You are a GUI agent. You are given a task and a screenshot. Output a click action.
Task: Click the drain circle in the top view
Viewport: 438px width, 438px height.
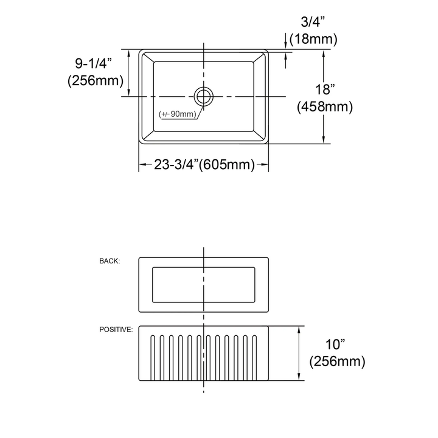tap(204, 96)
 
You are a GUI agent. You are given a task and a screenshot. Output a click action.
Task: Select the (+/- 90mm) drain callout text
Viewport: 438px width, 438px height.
tap(178, 114)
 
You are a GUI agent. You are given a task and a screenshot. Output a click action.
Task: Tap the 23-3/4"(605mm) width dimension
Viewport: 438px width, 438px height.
tap(204, 164)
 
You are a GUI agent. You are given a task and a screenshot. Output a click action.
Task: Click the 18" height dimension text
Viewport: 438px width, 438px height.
tap(325, 90)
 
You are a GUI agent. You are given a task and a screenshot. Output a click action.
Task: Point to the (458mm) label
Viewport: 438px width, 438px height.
tap(325, 107)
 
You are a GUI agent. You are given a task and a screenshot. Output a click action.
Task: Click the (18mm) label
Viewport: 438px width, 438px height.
tap(313, 40)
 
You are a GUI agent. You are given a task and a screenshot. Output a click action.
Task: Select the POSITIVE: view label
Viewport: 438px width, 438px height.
tap(116, 329)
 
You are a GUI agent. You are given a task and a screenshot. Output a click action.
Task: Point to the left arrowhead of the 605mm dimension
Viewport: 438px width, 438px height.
tap(142, 165)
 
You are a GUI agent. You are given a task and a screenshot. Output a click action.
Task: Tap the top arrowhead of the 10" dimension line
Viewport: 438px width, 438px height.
tap(299, 329)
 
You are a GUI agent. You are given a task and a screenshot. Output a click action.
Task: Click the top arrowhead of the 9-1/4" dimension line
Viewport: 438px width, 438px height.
tap(128, 53)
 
